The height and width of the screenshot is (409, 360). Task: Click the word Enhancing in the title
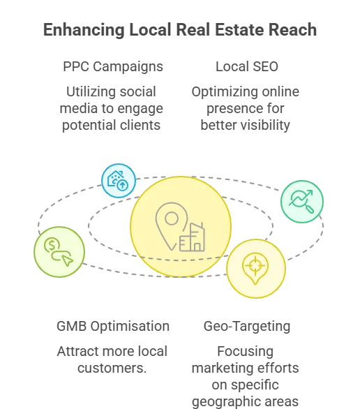point(84,30)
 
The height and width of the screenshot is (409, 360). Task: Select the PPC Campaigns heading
point(113,67)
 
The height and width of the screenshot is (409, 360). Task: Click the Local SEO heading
point(247,66)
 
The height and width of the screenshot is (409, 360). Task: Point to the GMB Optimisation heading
point(113,327)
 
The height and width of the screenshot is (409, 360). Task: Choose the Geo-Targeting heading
point(247,327)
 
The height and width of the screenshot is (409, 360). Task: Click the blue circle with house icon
point(119,181)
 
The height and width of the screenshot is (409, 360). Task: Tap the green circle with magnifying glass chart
point(302,202)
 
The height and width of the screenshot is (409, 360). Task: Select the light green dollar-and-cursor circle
point(59,252)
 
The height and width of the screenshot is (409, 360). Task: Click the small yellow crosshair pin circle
point(256,269)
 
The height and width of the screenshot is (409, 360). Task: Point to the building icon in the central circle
point(193,237)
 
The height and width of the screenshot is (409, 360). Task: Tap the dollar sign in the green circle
point(52,245)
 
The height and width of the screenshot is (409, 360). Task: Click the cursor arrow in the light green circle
point(68,260)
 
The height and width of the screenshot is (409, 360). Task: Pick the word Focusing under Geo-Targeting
point(246,352)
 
